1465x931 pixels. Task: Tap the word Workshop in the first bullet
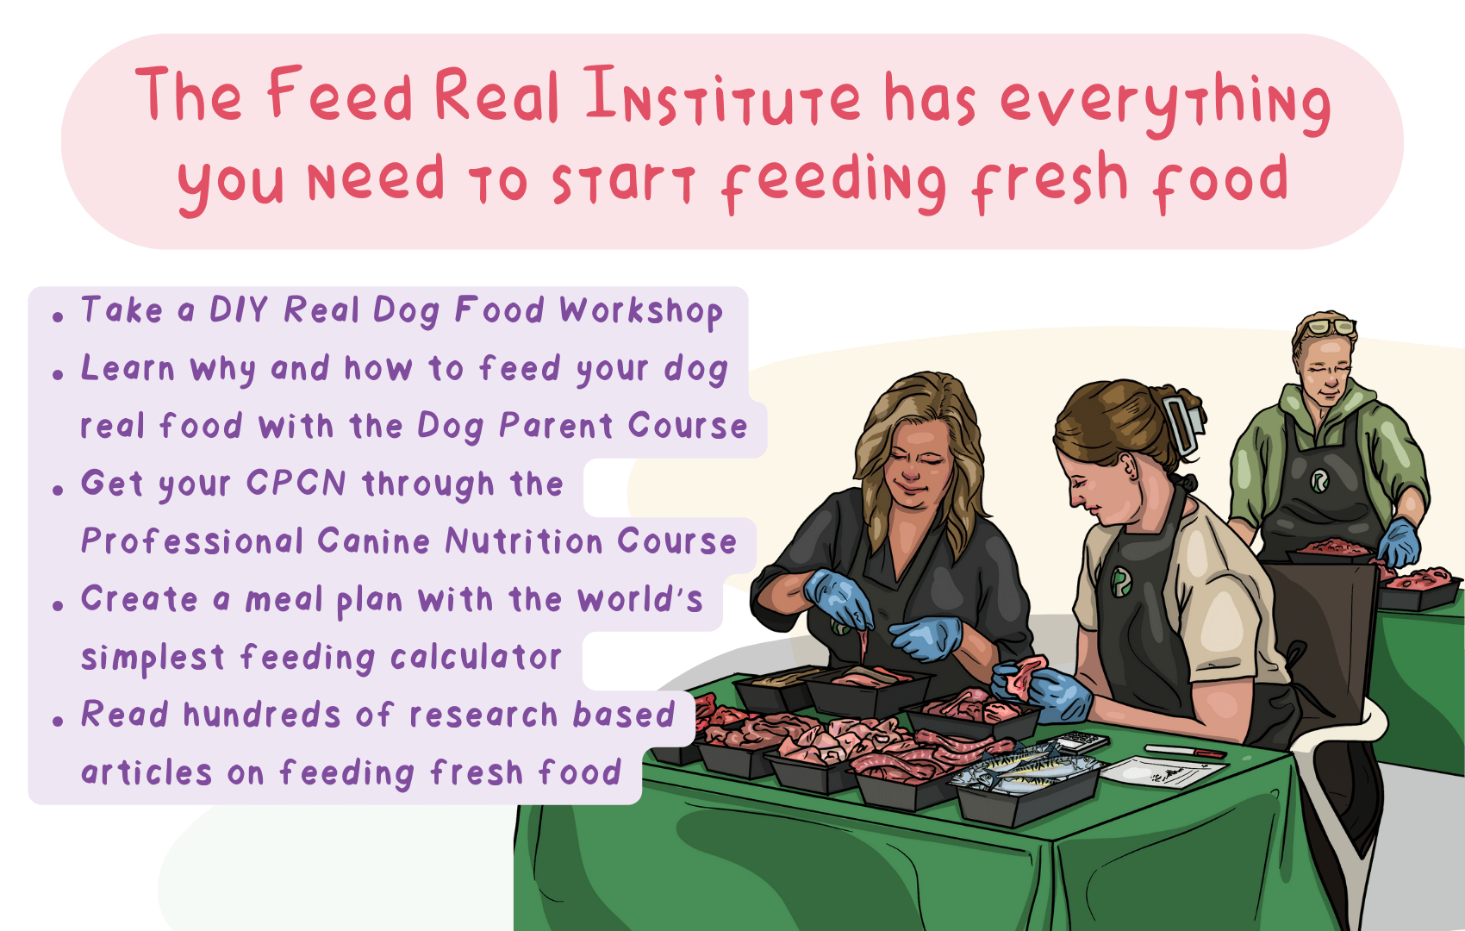[x=640, y=311]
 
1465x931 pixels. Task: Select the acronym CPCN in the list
[x=296, y=484]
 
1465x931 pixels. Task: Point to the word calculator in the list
[x=476, y=658]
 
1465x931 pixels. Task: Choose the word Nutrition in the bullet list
[x=523, y=542]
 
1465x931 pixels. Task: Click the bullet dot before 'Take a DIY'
[x=58, y=317]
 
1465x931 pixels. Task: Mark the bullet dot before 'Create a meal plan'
[x=58, y=605]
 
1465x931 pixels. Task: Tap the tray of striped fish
[x=1025, y=772]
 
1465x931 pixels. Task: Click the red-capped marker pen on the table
[x=1186, y=752]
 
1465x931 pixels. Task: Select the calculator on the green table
[x=1082, y=740]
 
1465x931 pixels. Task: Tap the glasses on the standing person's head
[x=1327, y=327]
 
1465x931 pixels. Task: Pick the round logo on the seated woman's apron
[x=1120, y=582]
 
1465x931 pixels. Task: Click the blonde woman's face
[x=918, y=461]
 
